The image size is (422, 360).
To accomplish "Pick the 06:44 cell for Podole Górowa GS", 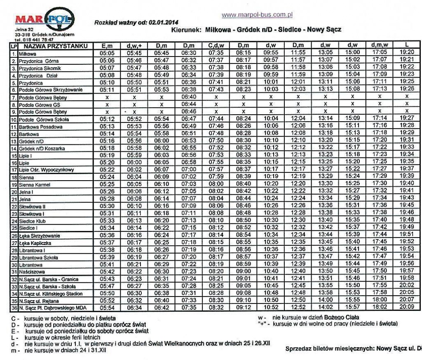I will pyautogui.click(x=188, y=104).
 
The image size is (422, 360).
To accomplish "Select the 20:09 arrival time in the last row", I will pyautogui.click(x=406, y=307).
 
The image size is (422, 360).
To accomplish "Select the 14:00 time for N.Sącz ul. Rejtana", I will pyautogui.click(x=325, y=300).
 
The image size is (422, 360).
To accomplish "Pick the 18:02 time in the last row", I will pyautogui.click(x=379, y=307).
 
